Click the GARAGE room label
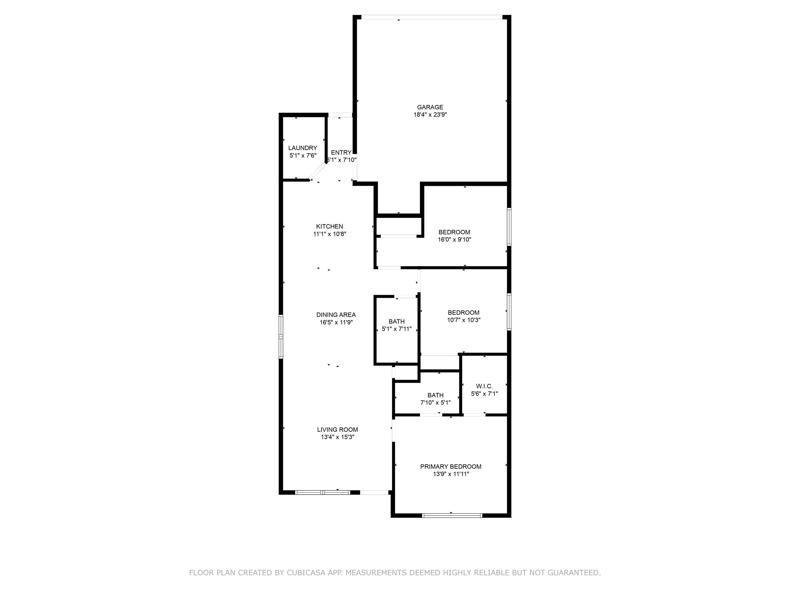pos(430,107)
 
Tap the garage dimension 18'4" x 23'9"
pos(430,115)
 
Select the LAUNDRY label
pos(302,148)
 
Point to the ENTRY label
pos(341,153)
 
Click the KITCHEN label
pos(329,226)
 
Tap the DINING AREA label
pos(336,315)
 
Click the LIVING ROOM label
pos(337,430)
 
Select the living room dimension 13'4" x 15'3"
pos(337,437)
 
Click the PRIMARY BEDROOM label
pos(451,466)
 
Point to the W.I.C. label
pos(484,386)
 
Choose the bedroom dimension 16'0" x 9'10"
pos(454,239)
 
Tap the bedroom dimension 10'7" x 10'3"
pos(464,320)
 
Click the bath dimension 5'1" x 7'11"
pos(397,329)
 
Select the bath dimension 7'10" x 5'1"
pos(435,403)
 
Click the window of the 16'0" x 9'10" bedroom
pos(509,226)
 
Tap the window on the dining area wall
pos(281,337)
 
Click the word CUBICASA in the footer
pos(306,573)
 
